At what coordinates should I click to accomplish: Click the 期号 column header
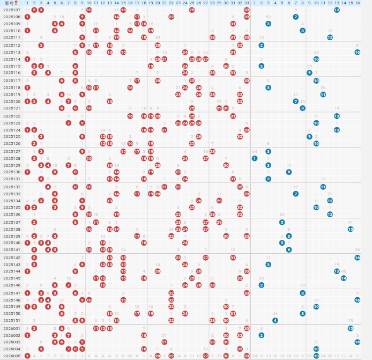pos(11,3)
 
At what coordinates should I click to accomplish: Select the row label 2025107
pos(11,10)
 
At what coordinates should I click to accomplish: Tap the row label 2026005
pos(11,356)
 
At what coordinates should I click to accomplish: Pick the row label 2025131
pos(11,179)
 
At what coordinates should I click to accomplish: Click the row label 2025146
pos(11,285)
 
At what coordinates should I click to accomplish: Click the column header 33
pos(247,3)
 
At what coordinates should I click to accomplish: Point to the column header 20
pos(158,3)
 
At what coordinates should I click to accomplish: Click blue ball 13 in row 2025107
pos(337,10)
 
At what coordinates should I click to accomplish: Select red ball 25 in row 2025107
pos(192,10)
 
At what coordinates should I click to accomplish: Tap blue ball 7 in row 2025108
pos(296,17)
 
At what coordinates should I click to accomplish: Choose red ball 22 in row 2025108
pos(171,17)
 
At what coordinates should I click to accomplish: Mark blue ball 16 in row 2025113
pos(357,52)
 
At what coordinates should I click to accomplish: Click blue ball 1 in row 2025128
pos(255,158)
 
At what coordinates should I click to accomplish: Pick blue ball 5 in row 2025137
pos(282,222)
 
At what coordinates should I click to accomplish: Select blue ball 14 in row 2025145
pos(344,278)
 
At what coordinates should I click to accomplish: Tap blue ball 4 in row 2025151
pos(275,320)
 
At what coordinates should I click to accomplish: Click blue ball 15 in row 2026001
pos(351,328)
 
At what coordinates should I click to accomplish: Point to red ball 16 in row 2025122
pos(130,116)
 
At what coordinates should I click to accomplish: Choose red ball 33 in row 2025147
pos(247,293)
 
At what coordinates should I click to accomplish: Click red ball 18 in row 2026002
pos(144,335)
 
